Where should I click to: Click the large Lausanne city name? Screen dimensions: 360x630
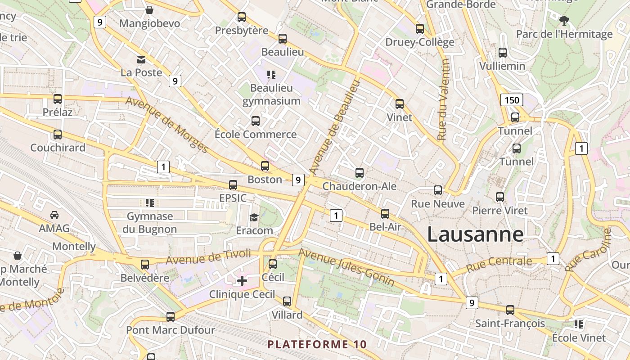point(475,234)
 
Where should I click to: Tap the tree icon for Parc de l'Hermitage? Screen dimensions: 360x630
point(564,20)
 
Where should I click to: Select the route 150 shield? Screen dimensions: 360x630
point(512,100)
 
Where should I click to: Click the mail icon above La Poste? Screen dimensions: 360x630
point(141,59)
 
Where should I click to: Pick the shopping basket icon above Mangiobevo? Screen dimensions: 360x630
point(149,10)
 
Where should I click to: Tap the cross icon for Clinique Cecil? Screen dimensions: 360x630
point(242,281)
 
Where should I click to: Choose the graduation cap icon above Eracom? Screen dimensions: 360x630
point(254,217)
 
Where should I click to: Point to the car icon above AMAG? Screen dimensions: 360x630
point(54,215)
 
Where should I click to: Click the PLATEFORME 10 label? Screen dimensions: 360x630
point(317,345)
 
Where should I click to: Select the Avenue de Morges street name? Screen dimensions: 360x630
point(167,125)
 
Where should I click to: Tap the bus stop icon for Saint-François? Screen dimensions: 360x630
point(510,310)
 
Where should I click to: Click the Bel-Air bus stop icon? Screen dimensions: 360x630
point(385,214)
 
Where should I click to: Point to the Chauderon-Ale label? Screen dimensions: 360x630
point(360,186)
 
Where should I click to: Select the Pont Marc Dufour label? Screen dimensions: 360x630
point(171,330)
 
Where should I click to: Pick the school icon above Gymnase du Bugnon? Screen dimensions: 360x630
point(150,203)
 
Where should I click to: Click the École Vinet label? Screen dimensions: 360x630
point(579,337)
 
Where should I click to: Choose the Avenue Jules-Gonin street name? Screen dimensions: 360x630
point(346,267)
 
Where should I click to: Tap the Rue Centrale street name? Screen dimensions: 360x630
point(499,264)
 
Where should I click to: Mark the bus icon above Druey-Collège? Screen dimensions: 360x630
point(420,29)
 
